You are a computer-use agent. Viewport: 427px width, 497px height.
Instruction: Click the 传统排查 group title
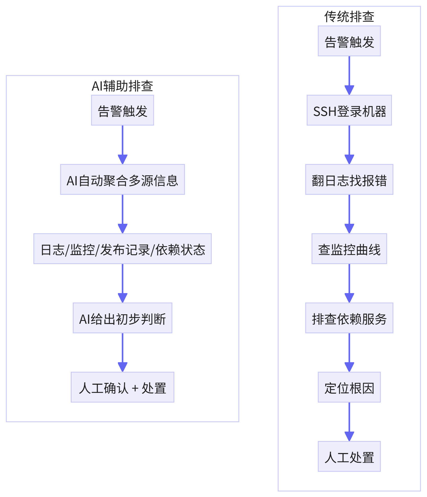tap(349, 17)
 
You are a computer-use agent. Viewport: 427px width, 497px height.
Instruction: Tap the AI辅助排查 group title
tap(122, 86)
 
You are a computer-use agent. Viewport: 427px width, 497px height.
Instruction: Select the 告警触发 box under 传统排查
tap(349, 41)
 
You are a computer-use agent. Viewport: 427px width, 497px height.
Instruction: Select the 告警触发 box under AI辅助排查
tap(122, 110)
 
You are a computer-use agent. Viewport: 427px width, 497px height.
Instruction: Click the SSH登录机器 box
tap(349, 110)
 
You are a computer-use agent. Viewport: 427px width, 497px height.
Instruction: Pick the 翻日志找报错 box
tap(349, 180)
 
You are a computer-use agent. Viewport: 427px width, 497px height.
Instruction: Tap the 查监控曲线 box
tap(349, 249)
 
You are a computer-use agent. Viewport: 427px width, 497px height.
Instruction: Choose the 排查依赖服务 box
tap(349, 318)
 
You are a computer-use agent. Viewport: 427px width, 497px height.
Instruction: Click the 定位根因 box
tap(349, 387)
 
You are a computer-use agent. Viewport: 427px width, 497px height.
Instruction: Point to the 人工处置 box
tap(349, 456)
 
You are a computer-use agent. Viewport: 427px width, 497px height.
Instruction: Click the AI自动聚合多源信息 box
tap(122, 180)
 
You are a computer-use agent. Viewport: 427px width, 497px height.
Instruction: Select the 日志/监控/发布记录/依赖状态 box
tap(122, 249)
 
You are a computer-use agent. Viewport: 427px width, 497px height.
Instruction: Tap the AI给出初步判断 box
tap(122, 318)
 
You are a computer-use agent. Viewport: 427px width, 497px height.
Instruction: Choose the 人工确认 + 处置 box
tap(122, 387)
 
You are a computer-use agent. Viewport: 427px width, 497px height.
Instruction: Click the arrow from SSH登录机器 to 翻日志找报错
tap(349, 145)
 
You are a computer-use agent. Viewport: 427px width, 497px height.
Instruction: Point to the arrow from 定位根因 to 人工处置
tap(349, 422)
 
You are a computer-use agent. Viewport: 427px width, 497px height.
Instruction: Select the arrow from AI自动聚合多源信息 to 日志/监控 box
tap(122, 214)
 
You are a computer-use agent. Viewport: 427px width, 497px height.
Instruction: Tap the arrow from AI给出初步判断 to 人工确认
tap(122, 353)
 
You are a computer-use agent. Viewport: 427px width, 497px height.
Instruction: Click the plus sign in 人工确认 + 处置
tap(135, 388)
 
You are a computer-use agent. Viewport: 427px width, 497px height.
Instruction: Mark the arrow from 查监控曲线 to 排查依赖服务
tap(349, 283)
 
